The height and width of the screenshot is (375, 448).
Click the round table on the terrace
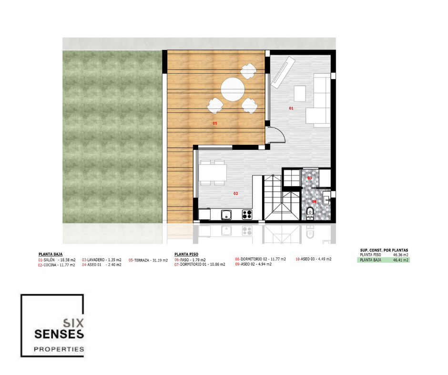coord(233,89)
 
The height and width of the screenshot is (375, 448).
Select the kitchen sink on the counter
coord(226,215)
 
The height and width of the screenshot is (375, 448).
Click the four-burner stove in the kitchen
coord(247,215)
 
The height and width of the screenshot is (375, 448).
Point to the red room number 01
coord(291,108)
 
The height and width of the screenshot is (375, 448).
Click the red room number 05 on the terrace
coord(215,123)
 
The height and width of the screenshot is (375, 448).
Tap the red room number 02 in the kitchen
coord(235,194)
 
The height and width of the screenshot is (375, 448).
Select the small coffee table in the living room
coord(300,94)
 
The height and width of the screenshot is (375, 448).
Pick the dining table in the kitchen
coord(213,173)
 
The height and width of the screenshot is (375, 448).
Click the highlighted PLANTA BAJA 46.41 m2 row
coord(384,260)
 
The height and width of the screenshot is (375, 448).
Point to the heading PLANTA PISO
coord(186,254)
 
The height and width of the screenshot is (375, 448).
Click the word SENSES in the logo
coord(59,334)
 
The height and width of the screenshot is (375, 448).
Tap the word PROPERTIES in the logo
coord(59,349)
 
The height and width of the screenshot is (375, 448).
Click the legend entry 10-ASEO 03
coord(314,259)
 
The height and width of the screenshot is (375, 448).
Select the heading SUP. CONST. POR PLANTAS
coord(384,250)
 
